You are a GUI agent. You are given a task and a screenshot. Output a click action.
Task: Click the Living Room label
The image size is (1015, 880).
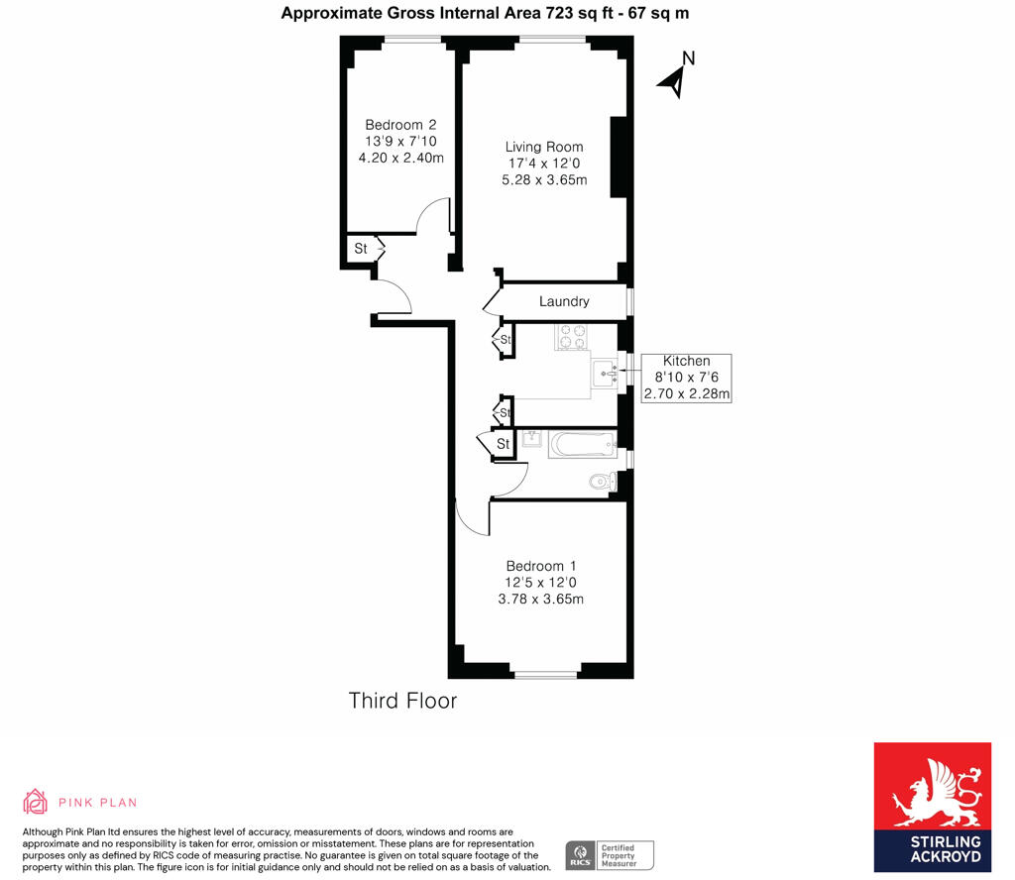click(544, 147)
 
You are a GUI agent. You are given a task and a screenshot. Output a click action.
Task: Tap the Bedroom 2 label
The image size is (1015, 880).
click(400, 125)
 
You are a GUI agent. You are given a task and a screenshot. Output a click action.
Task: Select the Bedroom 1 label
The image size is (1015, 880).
click(540, 566)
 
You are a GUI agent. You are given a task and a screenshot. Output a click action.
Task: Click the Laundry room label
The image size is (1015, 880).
click(564, 301)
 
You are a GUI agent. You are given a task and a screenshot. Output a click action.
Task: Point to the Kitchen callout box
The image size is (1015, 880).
click(686, 378)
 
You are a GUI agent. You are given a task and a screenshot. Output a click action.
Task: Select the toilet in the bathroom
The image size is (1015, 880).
click(602, 483)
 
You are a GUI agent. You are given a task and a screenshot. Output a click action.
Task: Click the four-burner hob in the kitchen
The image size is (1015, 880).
click(572, 337)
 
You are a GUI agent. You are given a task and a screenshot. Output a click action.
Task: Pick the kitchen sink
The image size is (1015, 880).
click(605, 373)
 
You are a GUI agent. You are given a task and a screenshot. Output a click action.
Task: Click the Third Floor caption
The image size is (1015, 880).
click(402, 701)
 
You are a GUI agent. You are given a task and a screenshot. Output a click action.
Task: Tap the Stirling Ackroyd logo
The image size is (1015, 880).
click(932, 808)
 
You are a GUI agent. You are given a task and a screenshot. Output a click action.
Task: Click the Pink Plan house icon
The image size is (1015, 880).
click(36, 801)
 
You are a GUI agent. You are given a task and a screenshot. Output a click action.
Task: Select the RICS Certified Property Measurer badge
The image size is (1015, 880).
click(610, 854)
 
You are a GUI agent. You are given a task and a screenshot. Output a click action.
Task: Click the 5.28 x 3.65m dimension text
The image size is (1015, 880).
click(544, 180)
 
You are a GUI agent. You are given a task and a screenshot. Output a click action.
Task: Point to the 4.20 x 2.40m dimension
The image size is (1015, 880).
click(400, 157)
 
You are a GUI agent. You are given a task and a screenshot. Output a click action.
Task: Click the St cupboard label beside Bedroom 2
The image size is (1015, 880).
click(360, 249)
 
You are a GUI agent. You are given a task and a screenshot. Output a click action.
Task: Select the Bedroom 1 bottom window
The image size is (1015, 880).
click(546, 675)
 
